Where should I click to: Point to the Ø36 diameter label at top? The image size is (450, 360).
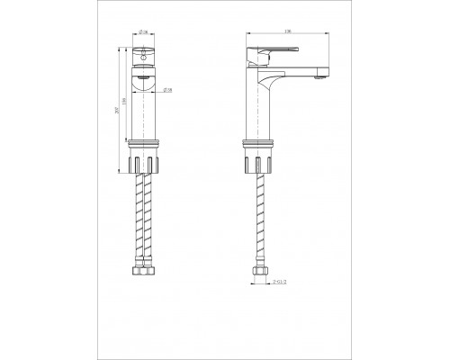[146, 34]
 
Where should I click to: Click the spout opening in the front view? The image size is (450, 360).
[144, 82]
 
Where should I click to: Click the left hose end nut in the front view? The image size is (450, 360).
[139, 270]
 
